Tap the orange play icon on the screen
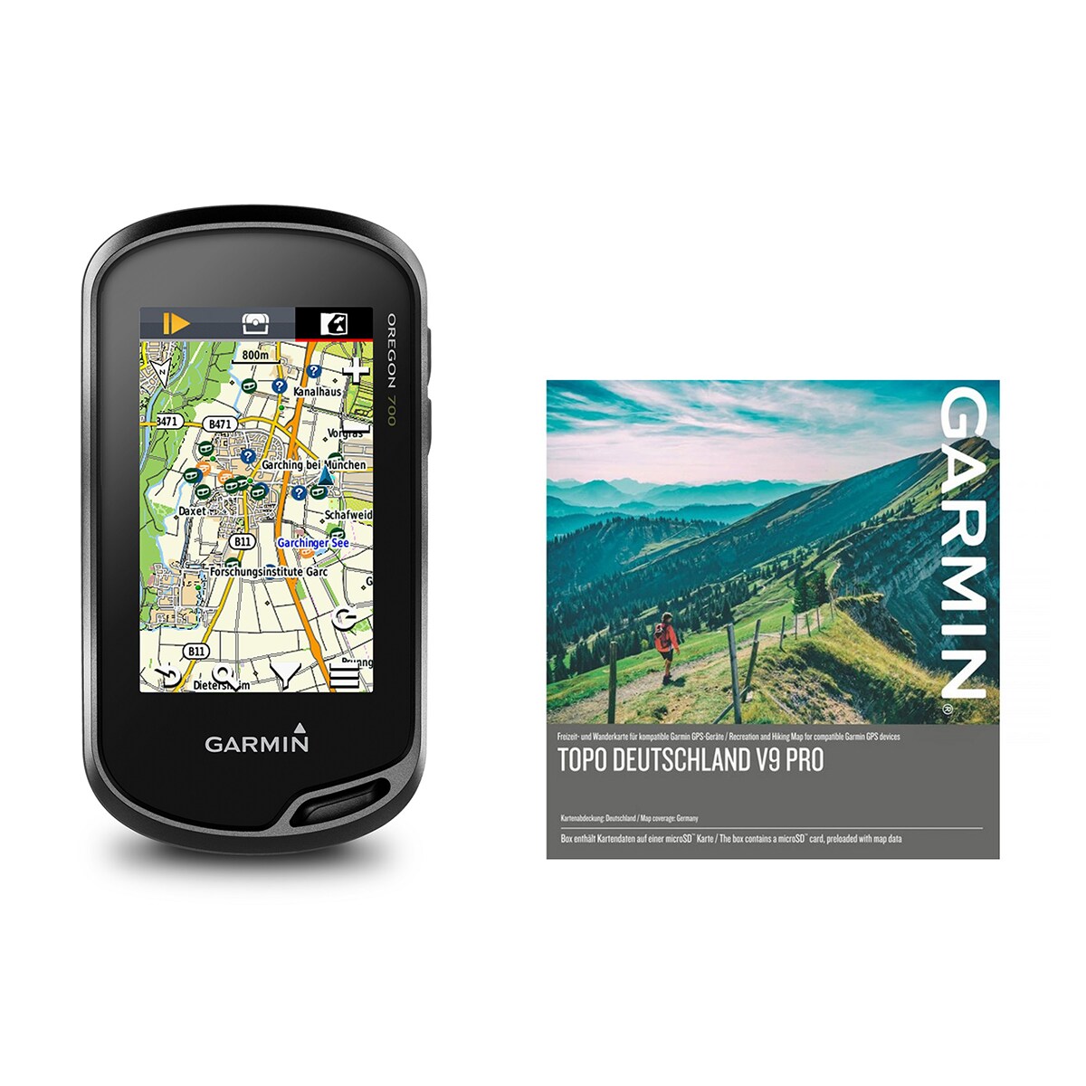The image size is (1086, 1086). tap(176, 323)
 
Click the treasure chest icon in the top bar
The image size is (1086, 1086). tap(256, 324)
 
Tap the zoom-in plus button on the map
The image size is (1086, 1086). tap(357, 369)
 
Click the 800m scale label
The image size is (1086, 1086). tap(255, 355)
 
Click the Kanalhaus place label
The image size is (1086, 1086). tap(317, 391)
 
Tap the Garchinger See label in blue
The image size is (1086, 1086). tap(312, 543)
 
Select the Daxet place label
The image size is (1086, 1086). tap(191, 511)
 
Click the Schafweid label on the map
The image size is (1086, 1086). tap(348, 514)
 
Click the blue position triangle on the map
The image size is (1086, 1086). tap(326, 475)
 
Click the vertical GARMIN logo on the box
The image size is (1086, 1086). tap(961, 543)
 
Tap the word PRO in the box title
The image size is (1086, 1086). tap(805, 761)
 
